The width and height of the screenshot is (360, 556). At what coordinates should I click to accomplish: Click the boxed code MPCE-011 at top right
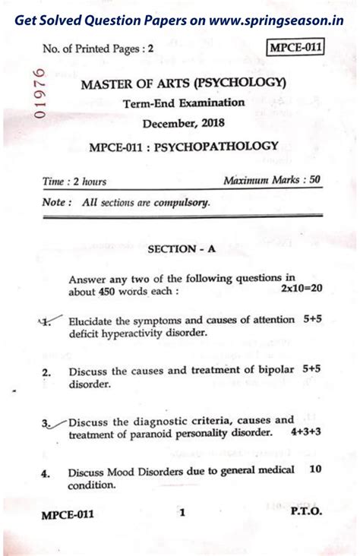tap(296, 48)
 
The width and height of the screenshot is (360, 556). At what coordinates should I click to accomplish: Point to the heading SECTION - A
tap(182, 248)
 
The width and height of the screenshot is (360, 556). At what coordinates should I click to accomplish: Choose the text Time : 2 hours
tap(74, 182)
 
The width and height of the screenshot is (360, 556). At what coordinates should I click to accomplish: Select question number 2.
tap(46, 372)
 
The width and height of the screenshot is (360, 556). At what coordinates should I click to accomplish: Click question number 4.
tap(46, 472)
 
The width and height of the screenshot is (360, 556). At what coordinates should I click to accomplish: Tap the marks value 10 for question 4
tap(315, 469)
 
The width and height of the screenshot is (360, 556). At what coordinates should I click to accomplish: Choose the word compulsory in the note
tap(178, 203)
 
